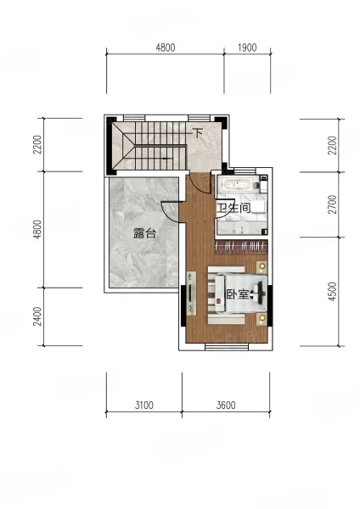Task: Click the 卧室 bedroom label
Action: (237, 294)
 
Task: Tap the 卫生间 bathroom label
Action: (233, 208)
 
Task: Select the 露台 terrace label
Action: (145, 233)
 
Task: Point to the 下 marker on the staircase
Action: (198, 133)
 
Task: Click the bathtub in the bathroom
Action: (237, 184)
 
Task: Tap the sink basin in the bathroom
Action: (241, 227)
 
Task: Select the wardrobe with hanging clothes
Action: (241, 247)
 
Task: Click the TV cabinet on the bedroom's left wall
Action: (191, 294)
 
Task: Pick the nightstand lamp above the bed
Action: (262, 267)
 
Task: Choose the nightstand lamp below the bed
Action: (262, 318)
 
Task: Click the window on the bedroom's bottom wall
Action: (227, 347)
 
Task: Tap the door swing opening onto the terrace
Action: (170, 211)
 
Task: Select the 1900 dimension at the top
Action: (247, 48)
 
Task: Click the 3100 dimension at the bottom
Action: (144, 406)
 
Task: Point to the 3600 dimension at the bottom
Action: (226, 406)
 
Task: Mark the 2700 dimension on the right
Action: (332, 204)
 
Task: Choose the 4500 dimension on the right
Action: (332, 292)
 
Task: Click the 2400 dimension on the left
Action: (37, 316)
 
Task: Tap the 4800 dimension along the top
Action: (166, 48)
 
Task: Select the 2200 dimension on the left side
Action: (37, 144)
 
